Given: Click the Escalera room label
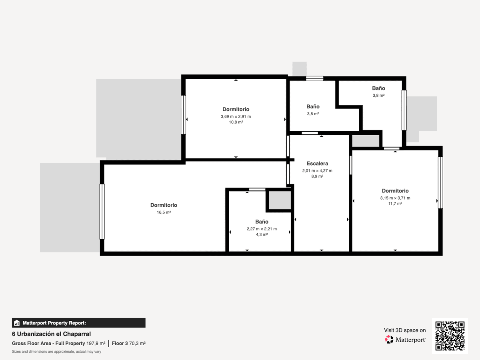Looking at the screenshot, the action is [317, 164].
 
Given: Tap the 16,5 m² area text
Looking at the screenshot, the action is [164, 212].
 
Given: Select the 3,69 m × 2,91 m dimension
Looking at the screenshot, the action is [236, 116].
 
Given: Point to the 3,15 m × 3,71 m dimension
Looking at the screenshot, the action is [395, 198].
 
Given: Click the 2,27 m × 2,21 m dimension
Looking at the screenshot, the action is [262, 229].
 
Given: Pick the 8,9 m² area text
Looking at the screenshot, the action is [317, 176].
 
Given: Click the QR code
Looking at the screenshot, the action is [450, 336].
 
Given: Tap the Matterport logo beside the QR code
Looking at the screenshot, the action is [405, 340].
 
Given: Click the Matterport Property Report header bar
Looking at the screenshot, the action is [79, 323].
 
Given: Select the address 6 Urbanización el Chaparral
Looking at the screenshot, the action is [51, 334].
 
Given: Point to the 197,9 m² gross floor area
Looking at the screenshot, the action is [96, 343].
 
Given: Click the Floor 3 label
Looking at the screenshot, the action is [120, 343].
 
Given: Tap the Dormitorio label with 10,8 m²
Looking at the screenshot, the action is [236, 109].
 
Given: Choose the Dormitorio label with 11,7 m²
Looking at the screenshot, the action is [395, 191].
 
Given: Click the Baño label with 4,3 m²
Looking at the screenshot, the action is [262, 222].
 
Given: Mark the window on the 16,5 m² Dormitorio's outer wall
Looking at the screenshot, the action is [102, 212].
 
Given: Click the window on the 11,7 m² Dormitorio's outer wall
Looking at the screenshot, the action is [440, 182].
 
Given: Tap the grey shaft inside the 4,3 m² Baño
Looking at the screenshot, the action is [280, 200].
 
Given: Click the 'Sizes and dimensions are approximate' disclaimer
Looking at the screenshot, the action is [56, 352].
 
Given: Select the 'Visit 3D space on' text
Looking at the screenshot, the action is [405, 330].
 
